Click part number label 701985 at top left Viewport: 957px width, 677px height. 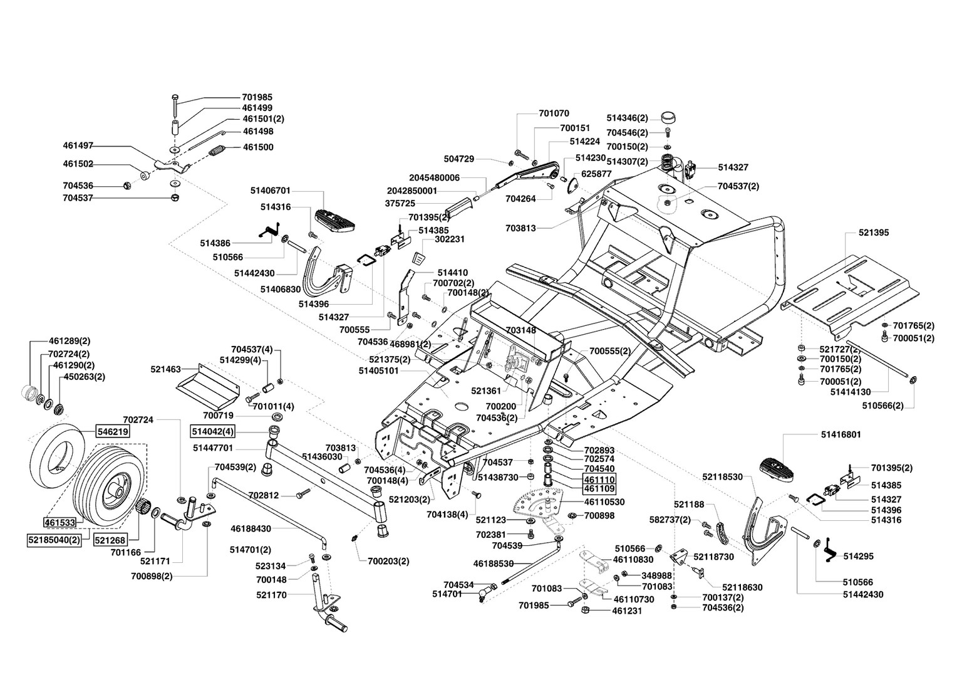click(x=257, y=97)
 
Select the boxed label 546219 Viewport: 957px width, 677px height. click(x=113, y=431)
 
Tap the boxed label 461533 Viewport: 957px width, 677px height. click(x=60, y=522)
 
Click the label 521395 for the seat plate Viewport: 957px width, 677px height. click(x=874, y=233)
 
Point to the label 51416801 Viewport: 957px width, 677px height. click(x=841, y=434)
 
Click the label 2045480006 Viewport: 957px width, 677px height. click(x=435, y=178)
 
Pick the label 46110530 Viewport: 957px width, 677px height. click(x=604, y=502)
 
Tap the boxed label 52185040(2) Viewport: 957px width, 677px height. click(x=54, y=540)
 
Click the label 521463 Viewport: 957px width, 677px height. click(x=166, y=369)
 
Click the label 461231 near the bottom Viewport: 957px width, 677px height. click(x=627, y=611)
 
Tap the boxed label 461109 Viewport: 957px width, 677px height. click(x=600, y=488)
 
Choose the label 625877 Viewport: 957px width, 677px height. click(x=596, y=174)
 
